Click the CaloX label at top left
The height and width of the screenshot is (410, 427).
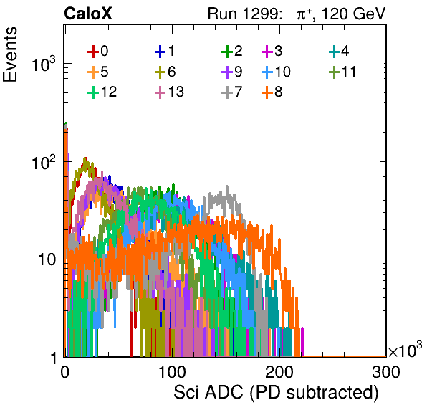coord(87,14)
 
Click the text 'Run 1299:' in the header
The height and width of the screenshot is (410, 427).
coord(244,14)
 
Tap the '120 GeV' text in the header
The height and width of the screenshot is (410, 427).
coord(354,14)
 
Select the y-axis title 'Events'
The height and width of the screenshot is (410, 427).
coord(10,54)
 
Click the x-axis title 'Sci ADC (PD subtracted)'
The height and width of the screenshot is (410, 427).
coord(276,393)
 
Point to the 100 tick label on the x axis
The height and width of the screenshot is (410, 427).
coord(172,372)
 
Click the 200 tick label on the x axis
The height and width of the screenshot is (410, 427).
coord(279,372)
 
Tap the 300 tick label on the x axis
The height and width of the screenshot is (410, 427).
coord(386,372)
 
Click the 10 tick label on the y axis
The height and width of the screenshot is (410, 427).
coord(47,259)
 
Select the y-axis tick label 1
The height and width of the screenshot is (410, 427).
coord(53,358)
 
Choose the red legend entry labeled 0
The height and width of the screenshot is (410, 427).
coord(97,51)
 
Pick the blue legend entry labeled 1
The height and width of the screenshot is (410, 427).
coord(165,51)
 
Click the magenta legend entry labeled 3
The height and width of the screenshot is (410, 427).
coord(272,51)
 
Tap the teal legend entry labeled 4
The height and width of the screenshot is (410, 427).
coord(339,51)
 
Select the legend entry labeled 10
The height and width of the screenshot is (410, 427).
coord(276,72)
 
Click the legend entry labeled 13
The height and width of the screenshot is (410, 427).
coord(169,92)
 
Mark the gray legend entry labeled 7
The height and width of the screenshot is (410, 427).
coord(231,92)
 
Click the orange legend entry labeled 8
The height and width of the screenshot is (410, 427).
coord(272,92)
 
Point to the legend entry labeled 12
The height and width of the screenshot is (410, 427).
coord(102,92)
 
